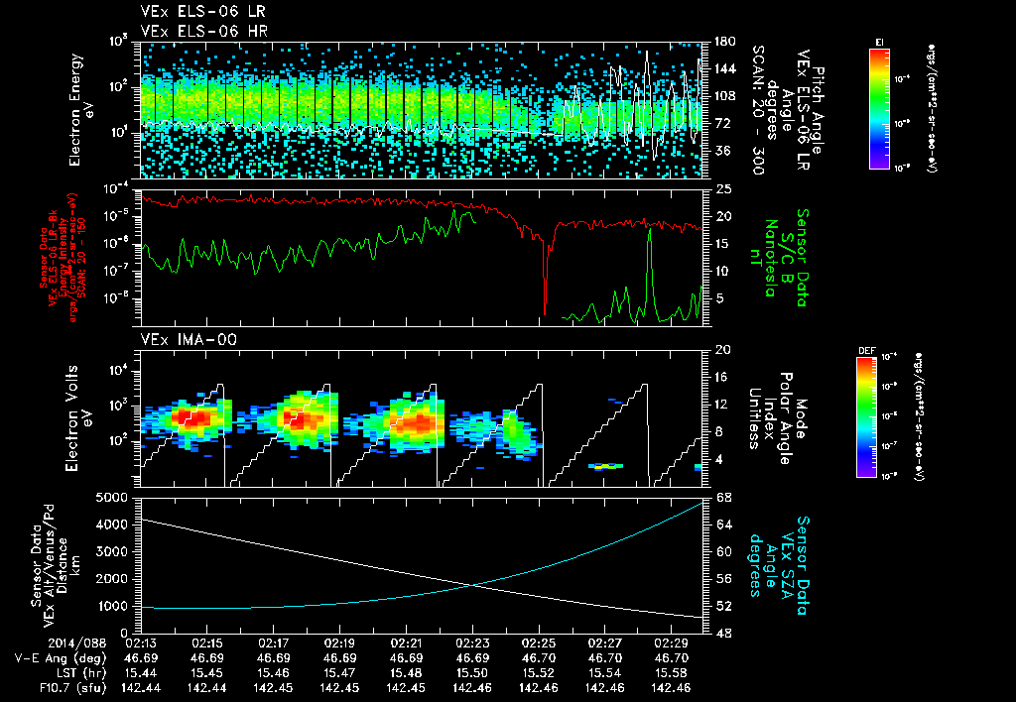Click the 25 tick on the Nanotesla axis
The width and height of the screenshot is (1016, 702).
tap(722, 188)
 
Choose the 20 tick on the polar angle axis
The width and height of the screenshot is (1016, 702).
tap(722, 350)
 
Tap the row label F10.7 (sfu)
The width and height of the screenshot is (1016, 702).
tap(41, 686)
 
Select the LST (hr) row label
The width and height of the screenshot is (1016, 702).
tap(50, 671)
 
